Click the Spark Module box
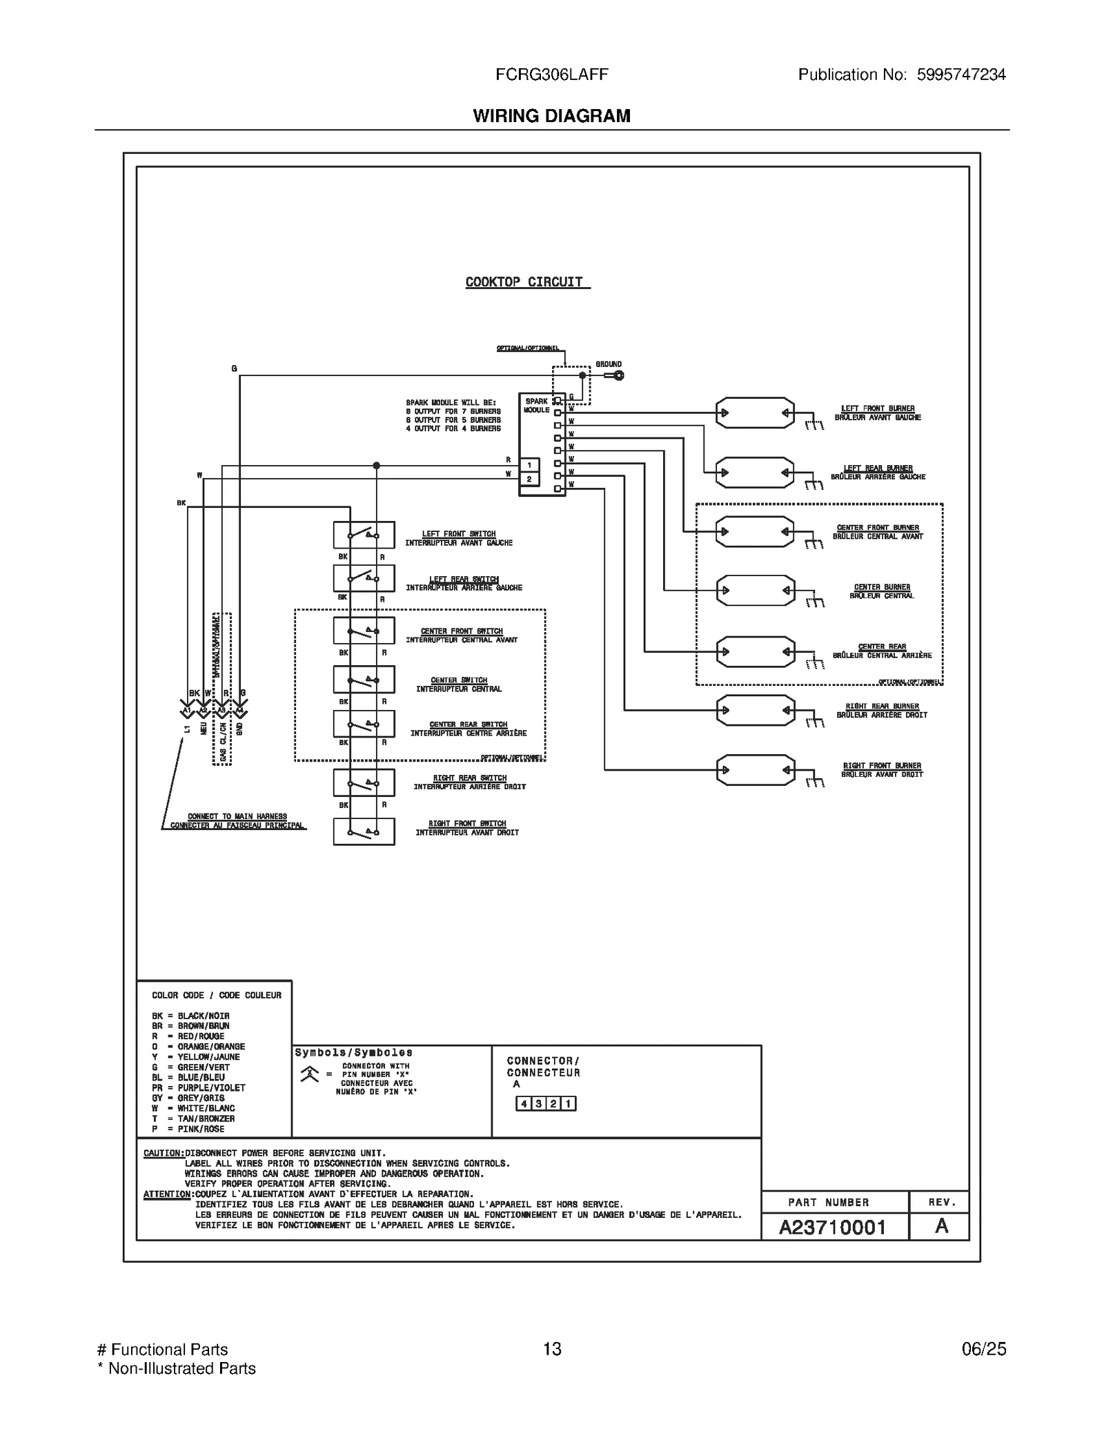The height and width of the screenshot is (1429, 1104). pyautogui.click(x=542, y=444)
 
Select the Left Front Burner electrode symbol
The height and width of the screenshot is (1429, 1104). pyautogui.click(x=755, y=413)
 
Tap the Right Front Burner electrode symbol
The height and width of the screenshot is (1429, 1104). pyautogui.click(x=755, y=769)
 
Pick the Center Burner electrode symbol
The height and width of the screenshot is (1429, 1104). pyautogui.click(x=755, y=591)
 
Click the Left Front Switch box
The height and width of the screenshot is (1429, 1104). pyautogui.click(x=364, y=535)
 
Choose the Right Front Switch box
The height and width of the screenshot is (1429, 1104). pyautogui.click(x=364, y=831)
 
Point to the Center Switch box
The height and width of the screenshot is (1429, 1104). pyautogui.click(x=364, y=680)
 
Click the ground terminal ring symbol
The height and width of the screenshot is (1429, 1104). pyautogui.click(x=619, y=375)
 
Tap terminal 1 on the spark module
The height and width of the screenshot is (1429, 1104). pyautogui.click(x=529, y=465)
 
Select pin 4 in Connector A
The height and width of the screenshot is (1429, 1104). pyautogui.click(x=524, y=1103)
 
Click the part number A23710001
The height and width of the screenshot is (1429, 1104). pyautogui.click(x=832, y=1227)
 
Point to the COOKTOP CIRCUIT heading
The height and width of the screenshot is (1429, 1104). pyautogui.click(x=524, y=282)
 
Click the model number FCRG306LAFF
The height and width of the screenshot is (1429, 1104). pyautogui.click(x=551, y=75)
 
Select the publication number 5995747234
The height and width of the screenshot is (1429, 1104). pyautogui.click(x=960, y=75)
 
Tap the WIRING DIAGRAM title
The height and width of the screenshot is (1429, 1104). pyautogui.click(x=551, y=116)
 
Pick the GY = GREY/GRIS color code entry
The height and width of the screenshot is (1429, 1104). pyautogui.click(x=188, y=1098)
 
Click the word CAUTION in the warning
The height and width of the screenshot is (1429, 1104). pyautogui.click(x=163, y=1153)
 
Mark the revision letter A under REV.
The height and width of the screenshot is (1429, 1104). pyautogui.click(x=941, y=1226)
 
